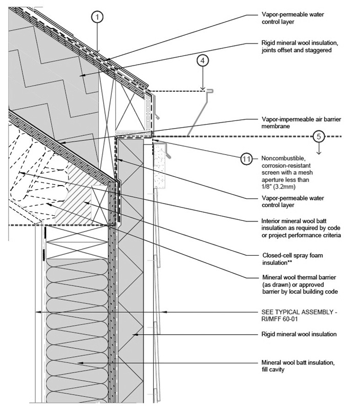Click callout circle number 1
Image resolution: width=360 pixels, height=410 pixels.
[98, 16]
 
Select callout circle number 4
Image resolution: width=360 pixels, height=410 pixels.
[203, 60]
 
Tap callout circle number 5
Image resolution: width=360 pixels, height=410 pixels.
[319, 136]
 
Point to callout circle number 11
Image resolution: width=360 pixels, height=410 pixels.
[247, 159]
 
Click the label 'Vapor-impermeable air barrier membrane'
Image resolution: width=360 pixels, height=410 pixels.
[294, 122]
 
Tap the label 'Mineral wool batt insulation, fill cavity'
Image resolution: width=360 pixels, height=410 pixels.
[298, 365]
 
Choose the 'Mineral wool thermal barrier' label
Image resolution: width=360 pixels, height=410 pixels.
[299, 284]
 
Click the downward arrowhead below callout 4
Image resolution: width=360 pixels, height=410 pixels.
[203, 87]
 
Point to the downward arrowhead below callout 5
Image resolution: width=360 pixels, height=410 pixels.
[319, 152]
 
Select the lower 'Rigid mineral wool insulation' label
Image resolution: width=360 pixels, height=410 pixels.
[299, 334]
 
